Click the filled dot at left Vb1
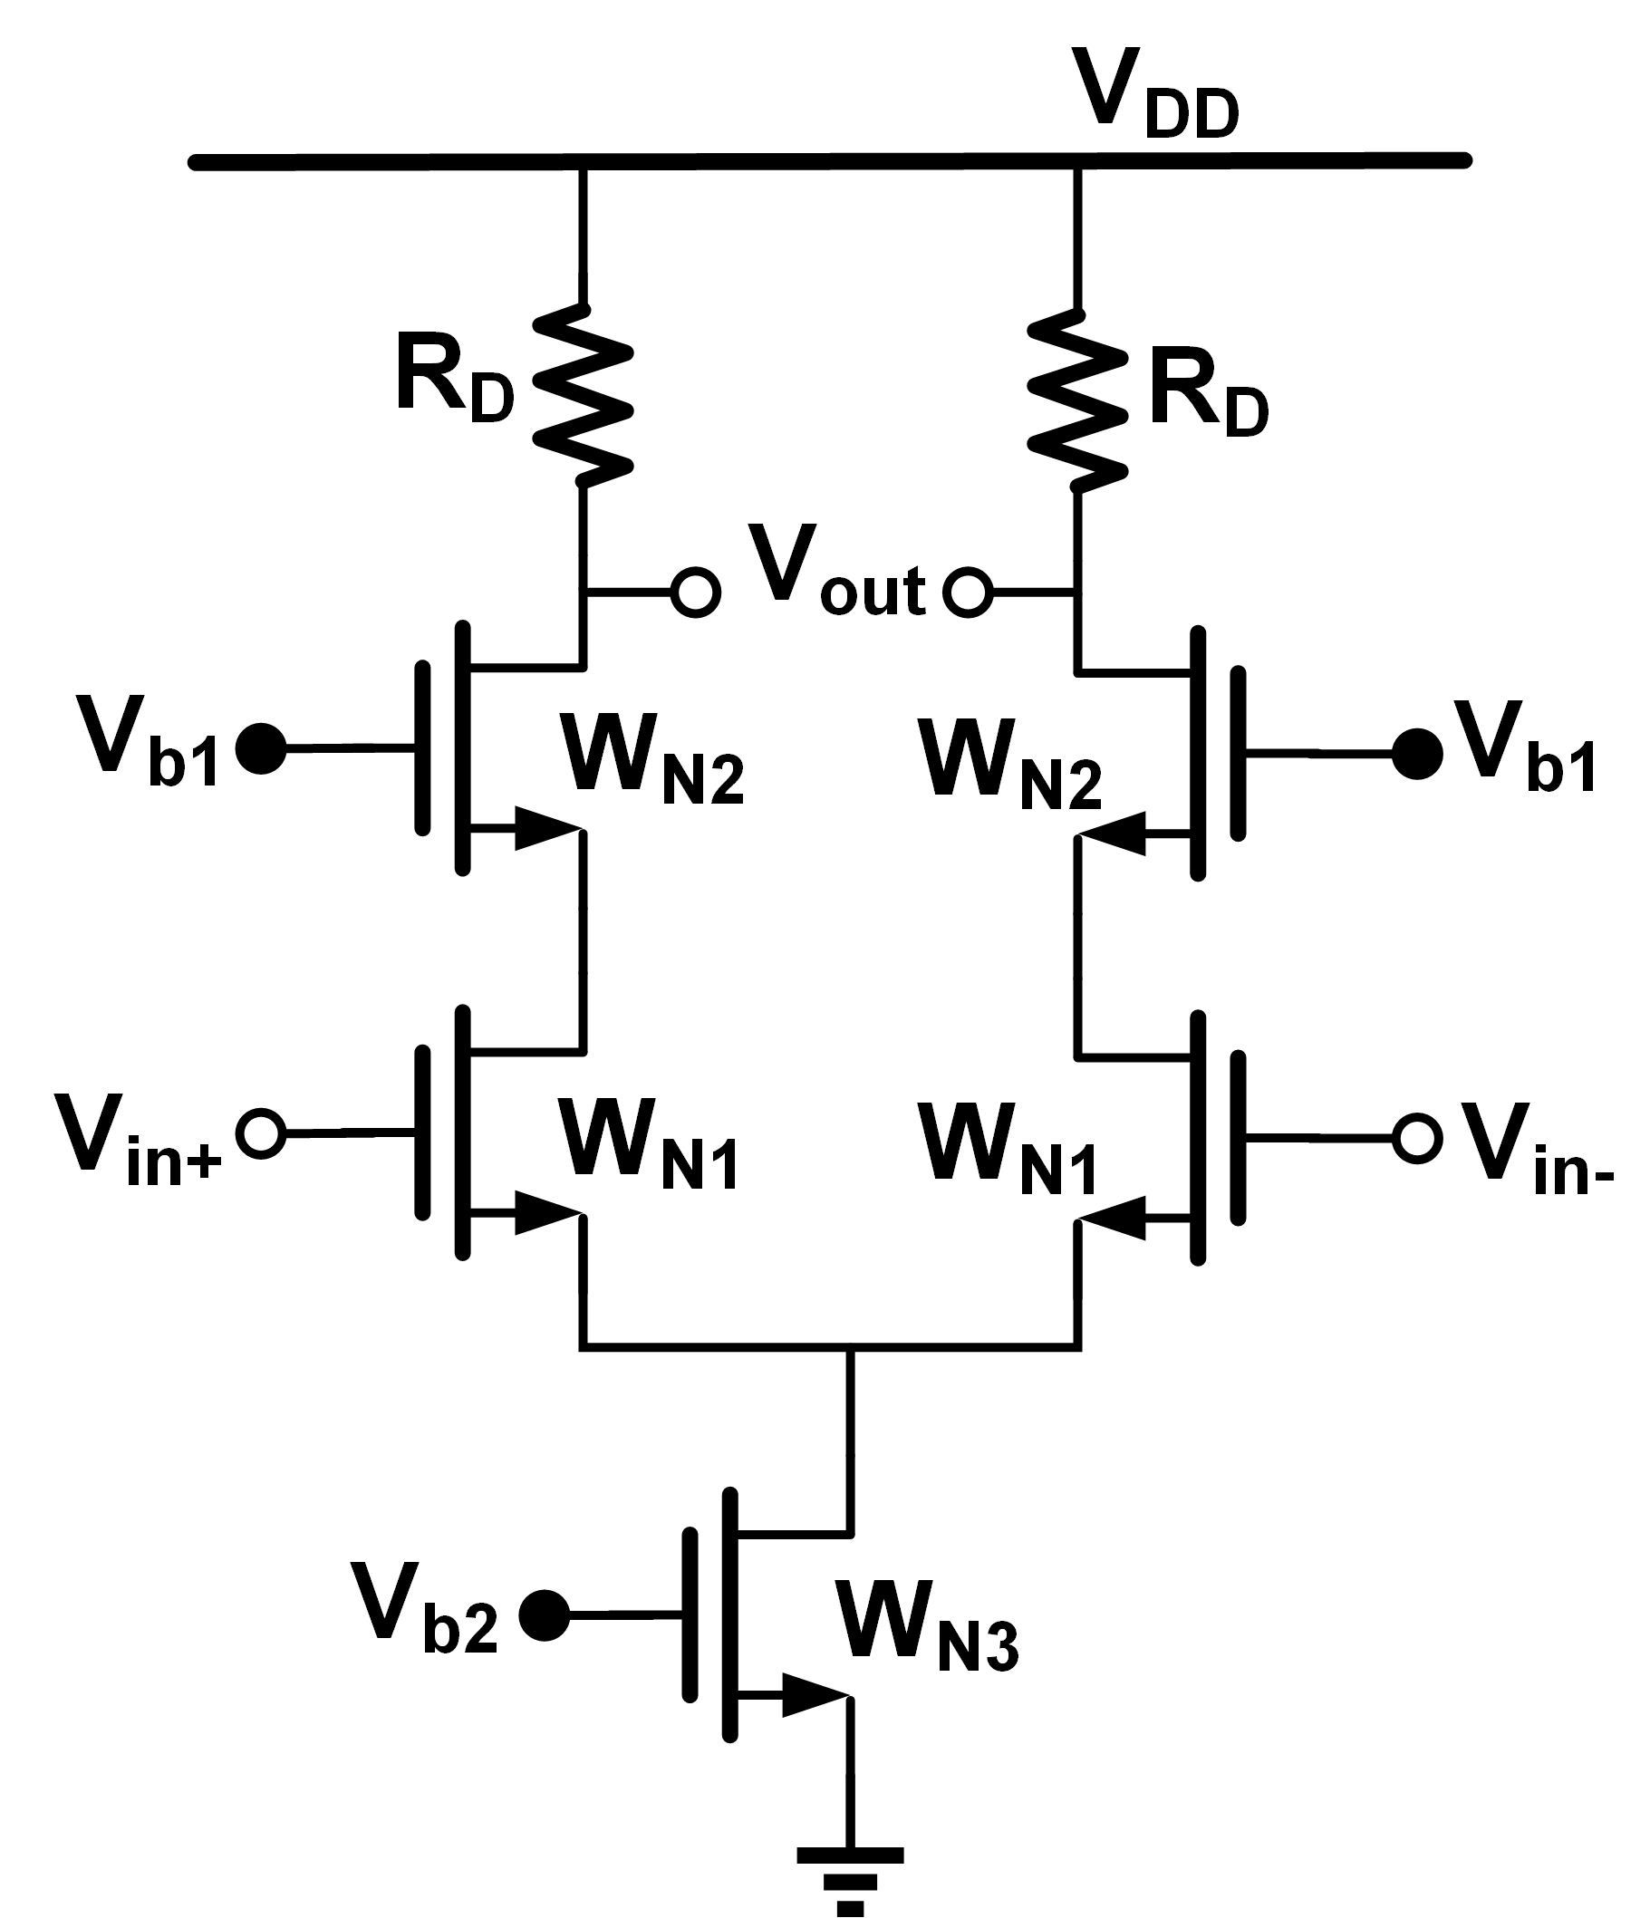coord(261,748)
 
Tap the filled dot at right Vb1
coord(1416,754)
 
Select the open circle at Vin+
coord(260,1133)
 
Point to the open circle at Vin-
coord(1416,1139)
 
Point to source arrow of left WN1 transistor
coord(546,1212)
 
